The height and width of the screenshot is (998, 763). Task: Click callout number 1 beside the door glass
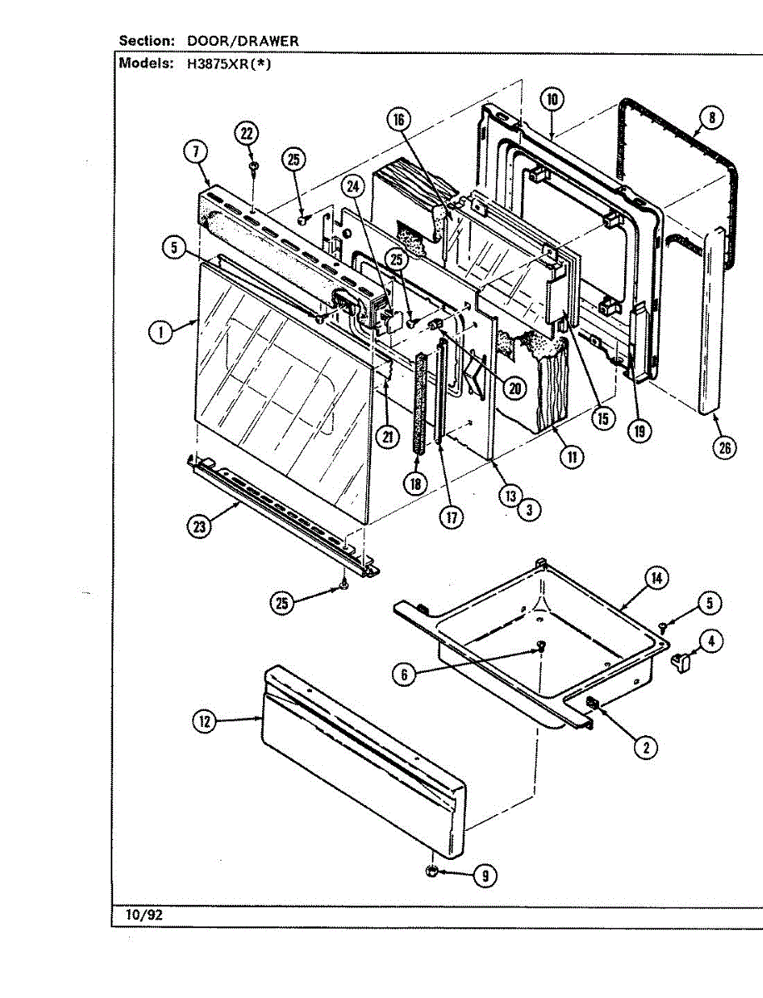tap(161, 333)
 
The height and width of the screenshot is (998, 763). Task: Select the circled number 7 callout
tap(195, 152)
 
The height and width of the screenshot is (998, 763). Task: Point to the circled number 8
tap(711, 117)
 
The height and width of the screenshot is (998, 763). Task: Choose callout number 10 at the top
tap(552, 100)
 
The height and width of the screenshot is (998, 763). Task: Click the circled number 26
tap(725, 447)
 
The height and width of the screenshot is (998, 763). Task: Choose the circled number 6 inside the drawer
tap(404, 674)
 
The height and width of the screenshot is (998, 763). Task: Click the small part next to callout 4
tap(680, 661)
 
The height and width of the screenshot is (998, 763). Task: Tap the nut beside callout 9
tap(433, 872)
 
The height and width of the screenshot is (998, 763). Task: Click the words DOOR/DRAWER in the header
tap(243, 41)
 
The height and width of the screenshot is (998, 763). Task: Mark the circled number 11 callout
tap(571, 456)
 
